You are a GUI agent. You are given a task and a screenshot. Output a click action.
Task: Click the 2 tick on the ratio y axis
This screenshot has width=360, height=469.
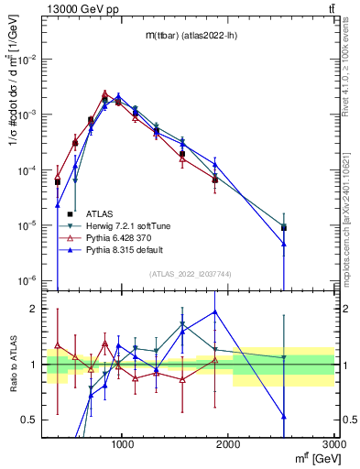pos(37,309)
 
